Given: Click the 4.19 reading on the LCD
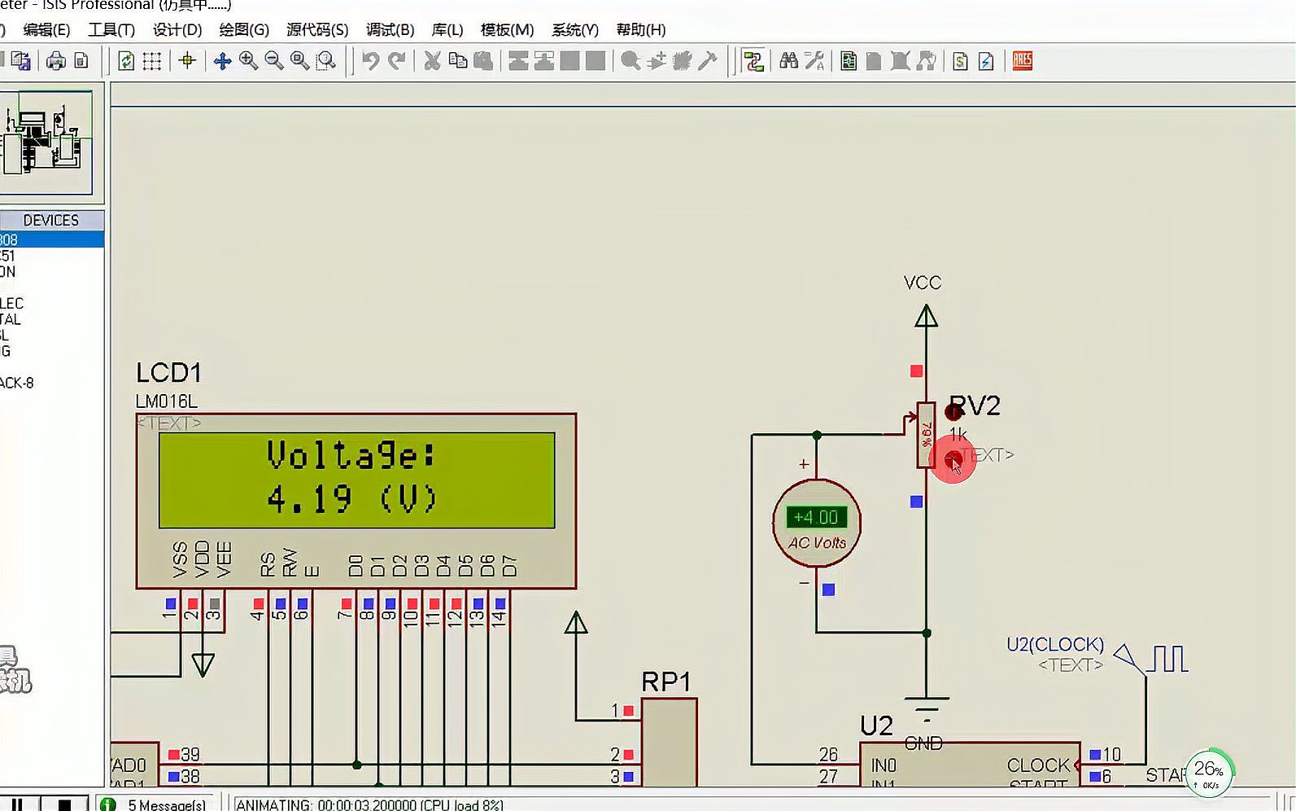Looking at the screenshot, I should (x=310, y=498).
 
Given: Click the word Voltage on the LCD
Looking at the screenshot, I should (x=351, y=455).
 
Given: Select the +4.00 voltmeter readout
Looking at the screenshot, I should (x=816, y=517).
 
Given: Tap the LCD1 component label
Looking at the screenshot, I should (x=168, y=373).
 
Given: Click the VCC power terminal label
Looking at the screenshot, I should (x=923, y=283).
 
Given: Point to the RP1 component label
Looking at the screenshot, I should (x=666, y=682).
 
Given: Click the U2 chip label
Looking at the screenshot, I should (x=876, y=725).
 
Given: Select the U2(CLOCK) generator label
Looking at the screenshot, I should (x=1055, y=645).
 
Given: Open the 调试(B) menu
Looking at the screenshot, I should (x=390, y=30).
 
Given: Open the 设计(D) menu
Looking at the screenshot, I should (x=177, y=30).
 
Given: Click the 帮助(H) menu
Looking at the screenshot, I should (x=641, y=30).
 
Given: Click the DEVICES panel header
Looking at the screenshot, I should (x=50, y=220).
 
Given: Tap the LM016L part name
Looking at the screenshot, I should (x=167, y=401).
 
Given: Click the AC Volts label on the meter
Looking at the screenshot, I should (x=817, y=543).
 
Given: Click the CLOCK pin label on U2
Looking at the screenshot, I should (x=1038, y=765).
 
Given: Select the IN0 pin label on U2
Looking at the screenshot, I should (x=884, y=765).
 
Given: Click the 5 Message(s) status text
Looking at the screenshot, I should (x=167, y=804).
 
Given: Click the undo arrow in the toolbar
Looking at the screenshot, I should (x=370, y=61).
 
